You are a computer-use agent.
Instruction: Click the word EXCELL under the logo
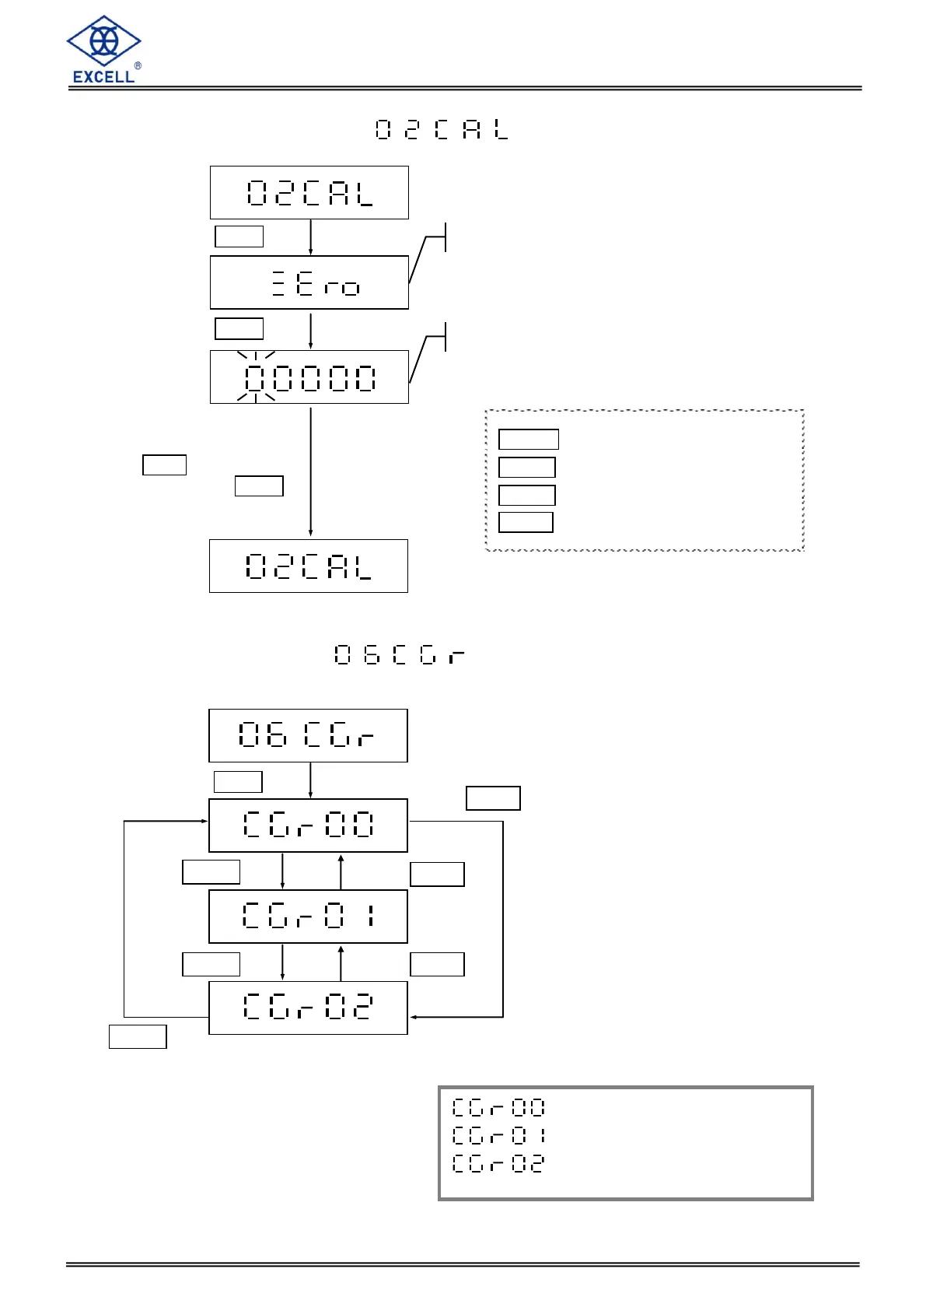click(103, 76)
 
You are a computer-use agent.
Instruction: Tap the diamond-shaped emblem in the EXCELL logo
click(103, 41)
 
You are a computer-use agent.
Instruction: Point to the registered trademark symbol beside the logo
click(138, 66)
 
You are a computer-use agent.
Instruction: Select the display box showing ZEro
click(309, 282)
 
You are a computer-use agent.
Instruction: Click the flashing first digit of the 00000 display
click(256, 378)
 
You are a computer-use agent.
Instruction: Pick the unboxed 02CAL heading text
click(442, 129)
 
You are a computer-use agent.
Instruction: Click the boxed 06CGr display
click(308, 735)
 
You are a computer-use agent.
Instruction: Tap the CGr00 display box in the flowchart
click(308, 825)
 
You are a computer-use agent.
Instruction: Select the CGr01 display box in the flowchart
click(308, 916)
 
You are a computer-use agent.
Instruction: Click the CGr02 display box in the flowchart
click(308, 1008)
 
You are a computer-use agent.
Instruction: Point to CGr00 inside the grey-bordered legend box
click(498, 1107)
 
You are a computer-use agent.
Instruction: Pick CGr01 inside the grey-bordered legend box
click(498, 1135)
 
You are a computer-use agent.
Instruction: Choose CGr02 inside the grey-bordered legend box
click(498, 1163)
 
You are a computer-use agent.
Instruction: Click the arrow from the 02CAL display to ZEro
click(311, 237)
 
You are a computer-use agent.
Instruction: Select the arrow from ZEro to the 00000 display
click(311, 331)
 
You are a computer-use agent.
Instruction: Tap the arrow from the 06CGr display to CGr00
click(311, 780)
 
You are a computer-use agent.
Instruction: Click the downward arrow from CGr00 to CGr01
click(282, 871)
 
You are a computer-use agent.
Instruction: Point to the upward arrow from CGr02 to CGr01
click(341, 962)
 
